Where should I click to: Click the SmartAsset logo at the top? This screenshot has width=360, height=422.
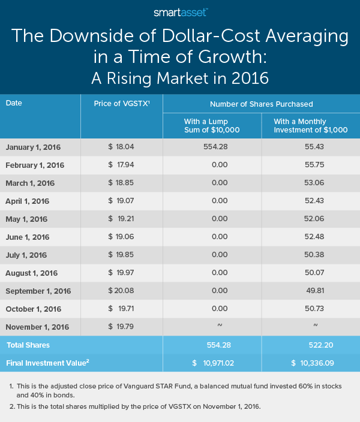pyautogui.click(x=180, y=11)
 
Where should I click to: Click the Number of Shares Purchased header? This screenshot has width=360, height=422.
pyautogui.click(x=261, y=103)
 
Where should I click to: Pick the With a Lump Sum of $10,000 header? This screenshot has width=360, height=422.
pyautogui.click(x=212, y=125)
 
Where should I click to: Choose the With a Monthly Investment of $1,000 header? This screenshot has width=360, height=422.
pyautogui.click(x=310, y=125)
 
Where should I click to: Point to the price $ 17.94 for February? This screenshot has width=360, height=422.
pyautogui.click(x=121, y=165)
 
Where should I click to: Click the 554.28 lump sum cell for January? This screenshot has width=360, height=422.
pyautogui.click(x=212, y=147)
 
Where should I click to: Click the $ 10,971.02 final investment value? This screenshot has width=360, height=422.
pyautogui.click(x=212, y=363)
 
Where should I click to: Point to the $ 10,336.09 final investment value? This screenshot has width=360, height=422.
pyautogui.click(x=310, y=363)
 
